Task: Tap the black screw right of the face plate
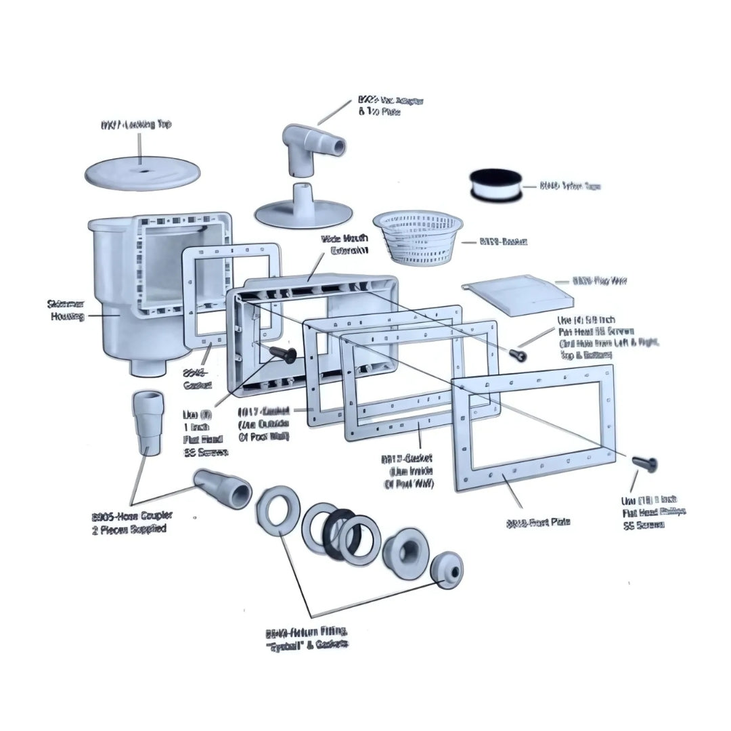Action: point(644,462)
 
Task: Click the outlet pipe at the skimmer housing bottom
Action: point(146,366)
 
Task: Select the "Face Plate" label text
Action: point(538,522)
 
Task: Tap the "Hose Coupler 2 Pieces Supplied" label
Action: point(129,523)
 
